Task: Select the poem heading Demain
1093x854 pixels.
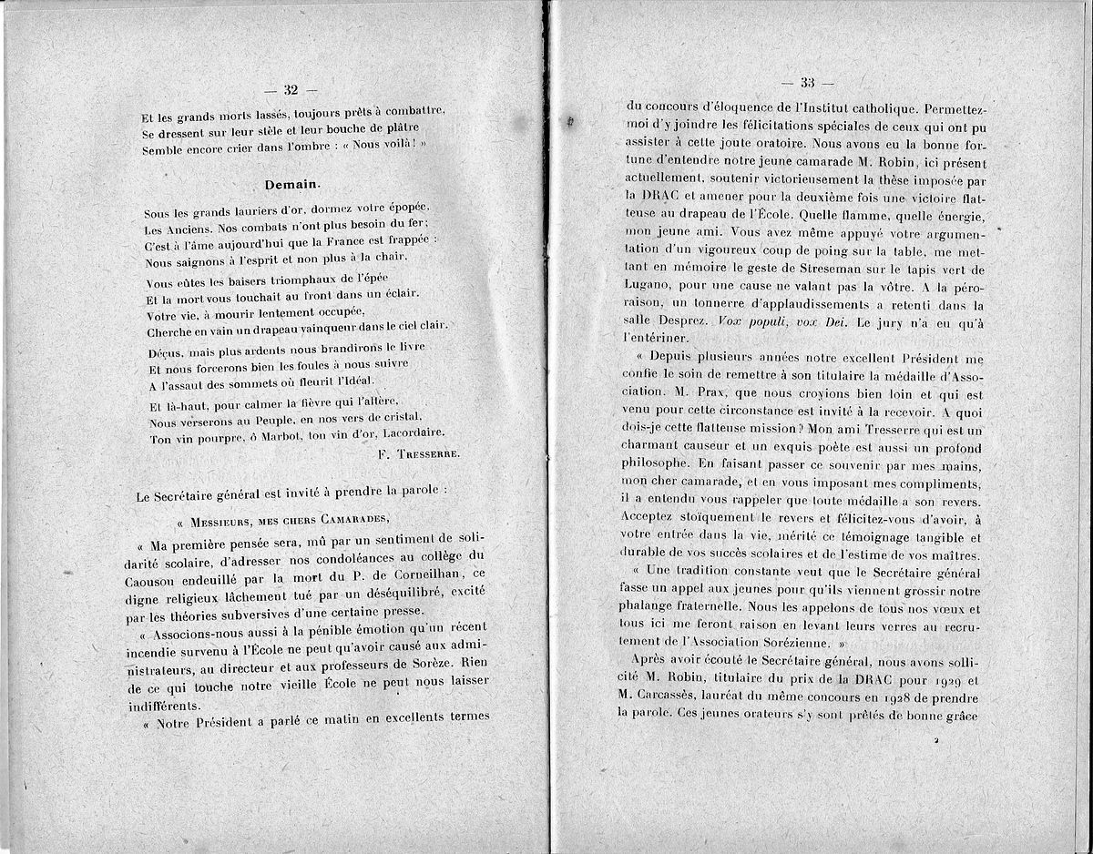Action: [x=291, y=183]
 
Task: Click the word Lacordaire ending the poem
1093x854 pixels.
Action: [x=413, y=432]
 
